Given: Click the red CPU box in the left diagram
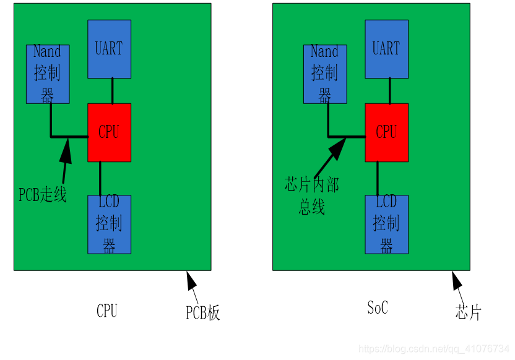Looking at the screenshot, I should [x=109, y=132].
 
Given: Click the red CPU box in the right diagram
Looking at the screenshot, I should [x=386, y=132].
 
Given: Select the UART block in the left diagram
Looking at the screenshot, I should [x=109, y=49].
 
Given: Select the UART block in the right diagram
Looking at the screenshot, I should [x=386, y=49].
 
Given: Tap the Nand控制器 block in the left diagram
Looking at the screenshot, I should [x=48, y=74].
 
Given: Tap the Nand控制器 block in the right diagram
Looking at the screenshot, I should [x=324, y=74].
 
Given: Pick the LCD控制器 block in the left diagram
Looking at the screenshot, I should [x=109, y=224].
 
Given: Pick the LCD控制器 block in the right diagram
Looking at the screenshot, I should [x=386, y=224].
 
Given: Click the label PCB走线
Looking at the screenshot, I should [x=42, y=195].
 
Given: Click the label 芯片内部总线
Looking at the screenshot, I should [x=311, y=195].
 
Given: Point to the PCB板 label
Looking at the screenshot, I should [x=202, y=313].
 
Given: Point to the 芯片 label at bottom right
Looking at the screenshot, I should [x=467, y=312].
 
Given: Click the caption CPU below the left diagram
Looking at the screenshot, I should [x=106, y=311].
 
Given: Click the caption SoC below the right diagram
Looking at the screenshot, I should [x=377, y=307].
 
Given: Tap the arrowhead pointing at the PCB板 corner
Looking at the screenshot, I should [x=191, y=281].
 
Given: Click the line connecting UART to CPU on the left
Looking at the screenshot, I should [x=112, y=90].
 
